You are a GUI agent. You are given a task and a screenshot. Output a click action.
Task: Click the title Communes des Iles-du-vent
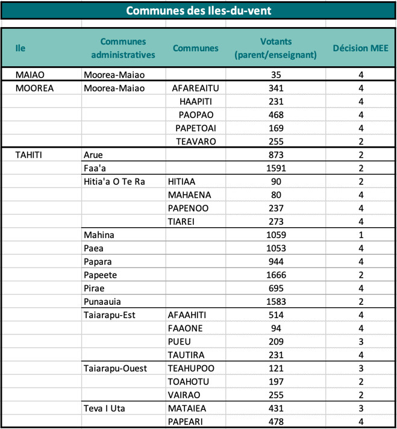pos(198,10)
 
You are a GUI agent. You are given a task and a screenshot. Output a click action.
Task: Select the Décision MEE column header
pos(361,48)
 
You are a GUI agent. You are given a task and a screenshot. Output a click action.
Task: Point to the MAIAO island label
pos(28,75)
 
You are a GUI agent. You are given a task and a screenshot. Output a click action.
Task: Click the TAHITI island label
pos(29,155)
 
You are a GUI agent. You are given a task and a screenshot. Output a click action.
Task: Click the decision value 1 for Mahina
pos(361,234)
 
